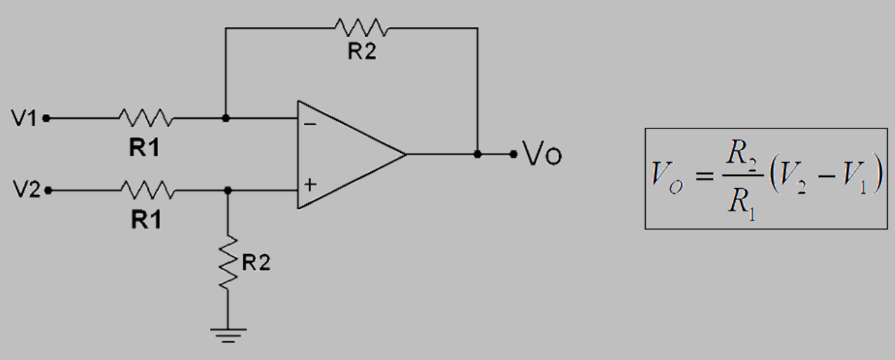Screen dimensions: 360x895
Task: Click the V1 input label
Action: pos(24,119)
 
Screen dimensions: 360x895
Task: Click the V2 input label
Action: pos(27,190)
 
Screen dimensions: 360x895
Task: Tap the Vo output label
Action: pos(543,154)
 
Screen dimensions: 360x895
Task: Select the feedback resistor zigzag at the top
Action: pos(361,28)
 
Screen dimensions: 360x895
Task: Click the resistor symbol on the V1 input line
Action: pos(145,118)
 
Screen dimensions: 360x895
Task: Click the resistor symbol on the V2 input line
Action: pos(147,190)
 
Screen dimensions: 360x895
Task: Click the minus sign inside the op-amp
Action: pos(310,124)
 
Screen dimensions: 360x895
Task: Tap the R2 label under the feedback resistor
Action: pos(362,52)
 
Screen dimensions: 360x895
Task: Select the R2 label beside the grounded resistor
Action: pos(256,263)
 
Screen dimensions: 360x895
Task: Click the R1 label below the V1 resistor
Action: pos(145,148)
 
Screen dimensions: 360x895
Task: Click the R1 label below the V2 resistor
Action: pos(146,220)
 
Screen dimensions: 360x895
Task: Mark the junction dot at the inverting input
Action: pos(225,119)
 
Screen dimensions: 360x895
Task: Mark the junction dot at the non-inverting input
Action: pos(227,190)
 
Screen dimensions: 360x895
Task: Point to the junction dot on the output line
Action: pos(477,154)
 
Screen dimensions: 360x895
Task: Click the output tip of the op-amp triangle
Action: pos(405,154)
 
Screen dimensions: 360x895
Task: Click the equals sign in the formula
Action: pos(703,175)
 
